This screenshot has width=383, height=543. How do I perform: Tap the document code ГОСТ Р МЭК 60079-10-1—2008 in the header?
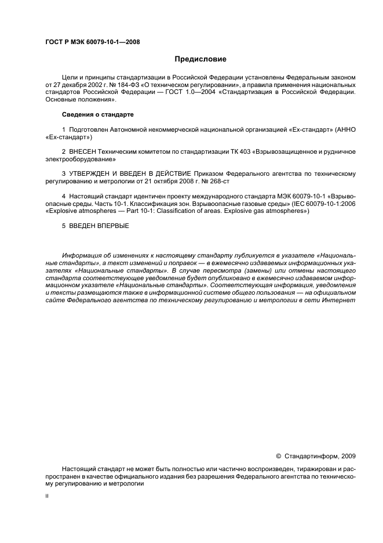click(x=92, y=42)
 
